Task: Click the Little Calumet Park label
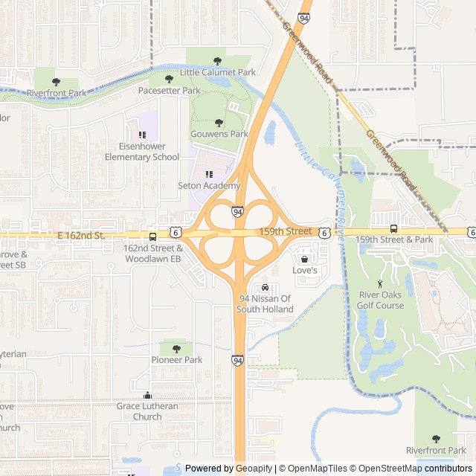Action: (217, 72)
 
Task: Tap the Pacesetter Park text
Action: (170, 90)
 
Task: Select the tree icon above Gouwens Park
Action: (219, 123)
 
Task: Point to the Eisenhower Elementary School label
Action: (142, 151)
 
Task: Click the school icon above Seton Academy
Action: (209, 174)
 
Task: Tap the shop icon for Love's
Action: (304, 259)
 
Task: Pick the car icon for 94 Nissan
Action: (266, 288)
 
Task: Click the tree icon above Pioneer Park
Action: (176, 348)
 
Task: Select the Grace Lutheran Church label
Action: (147, 411)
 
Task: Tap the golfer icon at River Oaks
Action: (381, 283)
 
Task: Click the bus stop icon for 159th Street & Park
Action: (393, 228)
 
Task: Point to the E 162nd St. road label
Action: (83, 235)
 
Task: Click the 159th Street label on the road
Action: (286, 232)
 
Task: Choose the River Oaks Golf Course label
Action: (381, 300)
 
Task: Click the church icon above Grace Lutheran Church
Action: (147, 396)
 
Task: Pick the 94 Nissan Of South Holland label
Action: (266, 303)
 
